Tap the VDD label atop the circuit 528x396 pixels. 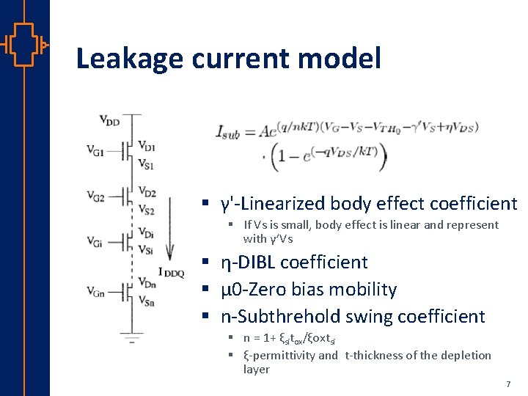point(109,120)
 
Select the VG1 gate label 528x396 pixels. point(95,152)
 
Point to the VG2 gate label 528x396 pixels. point(95,196)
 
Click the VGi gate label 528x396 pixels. point(95,241)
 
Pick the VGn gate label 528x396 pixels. point(95,290)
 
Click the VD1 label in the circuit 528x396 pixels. point(146,145)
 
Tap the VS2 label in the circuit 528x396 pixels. point(146,210)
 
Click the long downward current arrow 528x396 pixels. point(171,227)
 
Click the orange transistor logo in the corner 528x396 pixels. point(25,44)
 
